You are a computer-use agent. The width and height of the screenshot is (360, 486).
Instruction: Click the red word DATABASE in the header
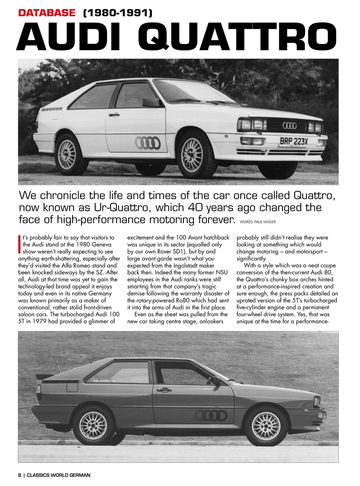pyautogui.click(x=47, y=13)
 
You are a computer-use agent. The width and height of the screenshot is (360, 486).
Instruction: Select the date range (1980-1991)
pyautogui.click(x=117, y=13)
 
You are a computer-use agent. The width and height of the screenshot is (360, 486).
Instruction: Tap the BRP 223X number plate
pyautogui.click(x=294, y=142)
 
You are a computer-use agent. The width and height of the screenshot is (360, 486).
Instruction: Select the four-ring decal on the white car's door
pyautogui.click(x=148, y=143)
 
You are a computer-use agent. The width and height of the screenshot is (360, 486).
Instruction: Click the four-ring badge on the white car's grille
pyautogui.click(x=289, y=125)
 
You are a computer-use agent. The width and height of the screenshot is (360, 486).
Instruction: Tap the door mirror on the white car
pyautogui.click(x=151, y=102)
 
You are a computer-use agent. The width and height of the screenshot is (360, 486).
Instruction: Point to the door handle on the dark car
pyautogui.click(x=164, y=390)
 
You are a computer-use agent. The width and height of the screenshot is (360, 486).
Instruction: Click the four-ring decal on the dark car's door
pyautogui.click(x=212, y=416)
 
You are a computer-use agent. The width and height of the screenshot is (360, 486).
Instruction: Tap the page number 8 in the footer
pyautogui.click(x=20, y=475)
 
